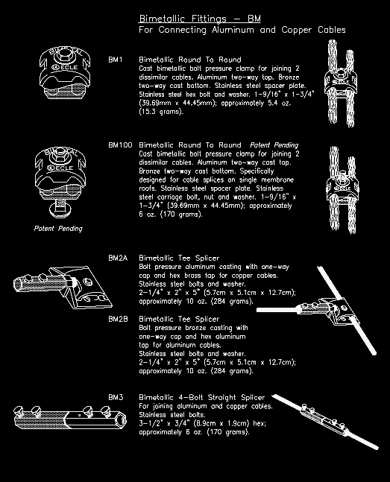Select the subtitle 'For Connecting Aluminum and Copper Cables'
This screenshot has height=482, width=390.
(x=242, y=30)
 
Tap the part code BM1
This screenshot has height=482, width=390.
(x=116, y=58)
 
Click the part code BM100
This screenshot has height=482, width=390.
(x=119, y=145)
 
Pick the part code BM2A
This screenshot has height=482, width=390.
(x=118, y=258)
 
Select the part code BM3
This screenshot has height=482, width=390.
(x=116, y=397)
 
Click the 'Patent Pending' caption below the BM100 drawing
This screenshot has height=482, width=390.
(x=58, y=228)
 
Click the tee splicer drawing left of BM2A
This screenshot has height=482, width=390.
(x=56, y=288)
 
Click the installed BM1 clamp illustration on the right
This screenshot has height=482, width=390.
(x=345, y=83)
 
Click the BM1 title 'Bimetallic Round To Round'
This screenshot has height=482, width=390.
(x=190, y=58)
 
